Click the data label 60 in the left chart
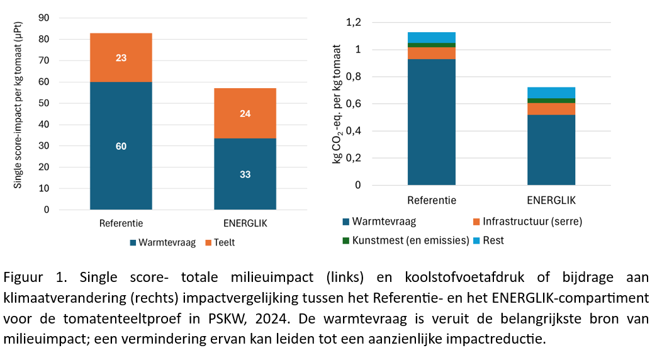click(x=121, y=147)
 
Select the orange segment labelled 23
click(x=121, y=58)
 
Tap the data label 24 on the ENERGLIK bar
click(x=245, y=114)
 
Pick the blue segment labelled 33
click(x=245, y=174)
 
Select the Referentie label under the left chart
click(x=121, y=223)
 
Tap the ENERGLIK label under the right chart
click(x=551, y=201)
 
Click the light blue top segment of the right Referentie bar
click(x=431, y=37)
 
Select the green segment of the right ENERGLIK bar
click(x=551, y=101)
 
